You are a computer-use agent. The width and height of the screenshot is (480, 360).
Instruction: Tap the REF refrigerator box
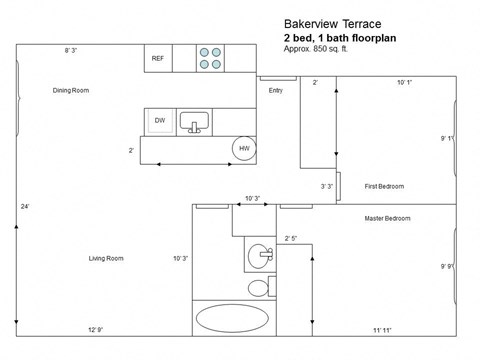[x=158, y=59]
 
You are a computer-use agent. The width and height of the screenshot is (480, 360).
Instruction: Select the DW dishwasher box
[x=159, y=121]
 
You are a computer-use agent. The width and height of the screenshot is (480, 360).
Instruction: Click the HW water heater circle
[x=243, y=149]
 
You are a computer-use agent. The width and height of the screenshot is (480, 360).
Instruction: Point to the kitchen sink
[x=194, y=122]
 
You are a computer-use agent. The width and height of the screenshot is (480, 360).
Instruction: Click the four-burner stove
[x=210, y=58]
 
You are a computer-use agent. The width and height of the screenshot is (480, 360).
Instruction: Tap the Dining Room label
[x=71, y=91]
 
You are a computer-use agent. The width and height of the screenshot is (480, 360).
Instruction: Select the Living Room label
[x=105, y=258]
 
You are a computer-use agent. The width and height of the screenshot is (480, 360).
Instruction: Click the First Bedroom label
[x=384, y=186]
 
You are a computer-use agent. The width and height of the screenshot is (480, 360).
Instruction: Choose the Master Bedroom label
[x=387, y=218]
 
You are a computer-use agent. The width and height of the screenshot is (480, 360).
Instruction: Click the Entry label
[x=276, y=91]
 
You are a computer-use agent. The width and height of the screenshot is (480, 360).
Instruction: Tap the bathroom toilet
[x=258, y=288]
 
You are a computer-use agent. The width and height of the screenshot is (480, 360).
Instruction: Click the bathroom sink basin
[x=260, y=254]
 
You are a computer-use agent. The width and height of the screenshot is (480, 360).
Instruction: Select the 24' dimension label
[x=25, y=207]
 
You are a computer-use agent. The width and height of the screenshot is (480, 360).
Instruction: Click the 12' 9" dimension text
[x=96, y=330]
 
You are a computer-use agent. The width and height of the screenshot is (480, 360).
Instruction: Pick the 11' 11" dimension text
[x=383, y=330]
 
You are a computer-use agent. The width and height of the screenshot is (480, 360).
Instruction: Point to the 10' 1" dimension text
[x=404, y=82]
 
